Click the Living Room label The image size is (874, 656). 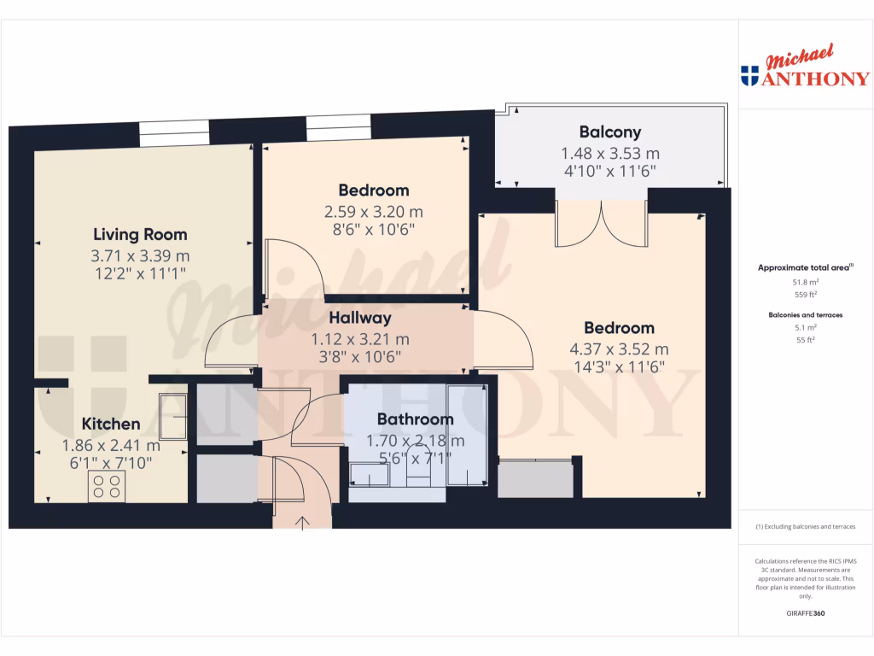140,234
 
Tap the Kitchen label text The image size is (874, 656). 111,424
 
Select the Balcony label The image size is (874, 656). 609,132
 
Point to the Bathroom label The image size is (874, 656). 415,419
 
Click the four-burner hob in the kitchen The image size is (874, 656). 107,486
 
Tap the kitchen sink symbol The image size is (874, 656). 173,416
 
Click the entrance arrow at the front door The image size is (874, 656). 302,522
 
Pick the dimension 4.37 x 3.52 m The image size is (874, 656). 619,348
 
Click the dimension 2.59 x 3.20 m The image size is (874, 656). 373,211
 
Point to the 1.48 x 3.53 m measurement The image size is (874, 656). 609,154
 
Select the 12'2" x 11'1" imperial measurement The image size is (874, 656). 140,272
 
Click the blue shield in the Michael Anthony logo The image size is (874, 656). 749,77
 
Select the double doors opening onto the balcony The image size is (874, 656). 602,224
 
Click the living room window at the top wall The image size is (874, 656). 174,133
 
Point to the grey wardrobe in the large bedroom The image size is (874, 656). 535,480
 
